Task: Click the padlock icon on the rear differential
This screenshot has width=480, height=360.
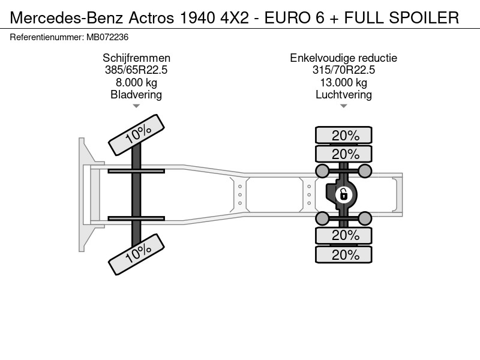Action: coord(343,194)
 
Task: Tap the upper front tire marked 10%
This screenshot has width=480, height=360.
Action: coord(137,134)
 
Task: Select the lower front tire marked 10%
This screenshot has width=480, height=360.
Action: coord(137,254)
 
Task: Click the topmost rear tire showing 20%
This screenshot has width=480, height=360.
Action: coord(344,135)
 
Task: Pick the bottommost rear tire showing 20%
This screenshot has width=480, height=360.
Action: coord(344,254)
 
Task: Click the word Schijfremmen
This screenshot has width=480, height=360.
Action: coord(136,58)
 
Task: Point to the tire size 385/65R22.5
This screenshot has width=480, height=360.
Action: coord(136,70)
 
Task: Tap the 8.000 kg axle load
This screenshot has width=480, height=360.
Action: coord(136,83)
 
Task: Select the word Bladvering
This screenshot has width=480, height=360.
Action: coord(136,95)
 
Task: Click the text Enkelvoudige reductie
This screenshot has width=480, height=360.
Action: coord(343,58)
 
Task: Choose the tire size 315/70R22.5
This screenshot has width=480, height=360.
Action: coord(343,70)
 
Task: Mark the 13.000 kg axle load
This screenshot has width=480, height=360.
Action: coord(343,83)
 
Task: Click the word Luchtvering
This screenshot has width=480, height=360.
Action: coord(343,95)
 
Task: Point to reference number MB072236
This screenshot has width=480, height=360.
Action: coord(107,37)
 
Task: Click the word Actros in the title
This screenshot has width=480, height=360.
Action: coord(151,18)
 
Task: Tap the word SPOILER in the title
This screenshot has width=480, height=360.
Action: coord(424,18)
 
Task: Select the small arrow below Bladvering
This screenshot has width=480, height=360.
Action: coord(136,106)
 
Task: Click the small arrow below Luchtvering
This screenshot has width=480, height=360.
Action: coord(343,106)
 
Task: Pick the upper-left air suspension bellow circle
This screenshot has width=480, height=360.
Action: coord(322,171)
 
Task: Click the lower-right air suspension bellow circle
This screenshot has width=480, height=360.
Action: coord(365,218)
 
